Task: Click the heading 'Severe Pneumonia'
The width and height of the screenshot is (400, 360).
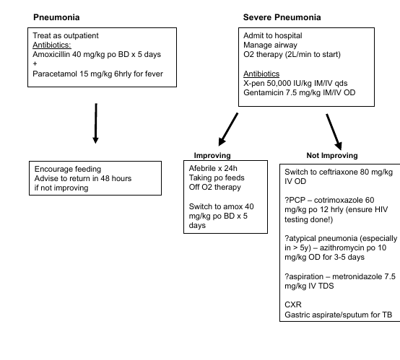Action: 282,17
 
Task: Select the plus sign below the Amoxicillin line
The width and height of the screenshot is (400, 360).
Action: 35,63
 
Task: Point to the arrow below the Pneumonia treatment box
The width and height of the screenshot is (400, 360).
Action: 95,123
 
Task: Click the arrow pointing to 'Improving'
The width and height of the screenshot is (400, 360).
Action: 228,130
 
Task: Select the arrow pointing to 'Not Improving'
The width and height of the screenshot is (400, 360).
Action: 334,132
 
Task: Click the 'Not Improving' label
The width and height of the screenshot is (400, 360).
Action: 332,155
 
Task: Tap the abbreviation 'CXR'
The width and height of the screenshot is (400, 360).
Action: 293,304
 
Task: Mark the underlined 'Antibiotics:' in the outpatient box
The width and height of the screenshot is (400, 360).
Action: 52,45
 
